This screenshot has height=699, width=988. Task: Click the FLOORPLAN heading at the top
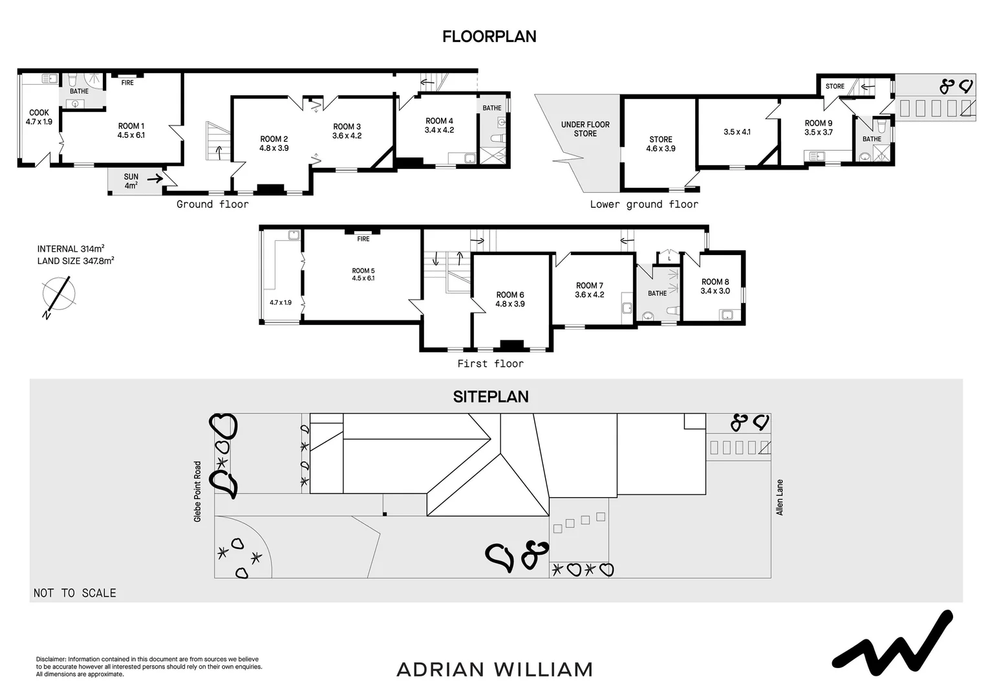pyautogui.click(x=489, y=37)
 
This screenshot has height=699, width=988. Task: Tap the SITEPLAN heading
pyautogui.click(x=491, y=397)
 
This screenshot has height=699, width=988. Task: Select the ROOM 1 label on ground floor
pyautogui.click(x=131, y=131)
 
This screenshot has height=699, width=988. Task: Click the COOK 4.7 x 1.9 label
pyautogui.click(x=39, y=117)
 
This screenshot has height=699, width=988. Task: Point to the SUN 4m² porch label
pyautogui.click(x=131, y=181)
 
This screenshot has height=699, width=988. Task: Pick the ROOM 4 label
pyautogui.click(x=439, y=126)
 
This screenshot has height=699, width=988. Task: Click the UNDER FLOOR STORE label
pyautogui.click(x=585, y=129)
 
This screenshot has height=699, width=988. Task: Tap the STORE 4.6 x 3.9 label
pyautogui.click(x=661, y=144)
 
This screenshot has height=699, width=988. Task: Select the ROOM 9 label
pyautogui.click(x=818, y=128)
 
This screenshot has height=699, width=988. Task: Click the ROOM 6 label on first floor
pyautogui.click(x=510, y=299)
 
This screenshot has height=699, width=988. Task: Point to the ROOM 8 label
pyautogui.click(x=715, y=286)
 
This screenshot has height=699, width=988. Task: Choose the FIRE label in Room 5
pyautogui.click(x=363, y=239)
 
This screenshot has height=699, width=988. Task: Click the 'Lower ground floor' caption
pyautogui.click(x=644, y=205)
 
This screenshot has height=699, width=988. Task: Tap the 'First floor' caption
pyautogui.click(x=490, y=364)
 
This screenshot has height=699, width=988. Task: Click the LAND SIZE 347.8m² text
pyautogui.click(x=76, y=261)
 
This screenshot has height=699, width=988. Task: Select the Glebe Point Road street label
pyautogui.click(x=198, y=491)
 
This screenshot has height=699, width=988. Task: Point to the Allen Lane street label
pyautogui.click(x=780, y=497)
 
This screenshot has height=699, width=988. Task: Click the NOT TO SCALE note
pyautogui.click(x=75, y=593)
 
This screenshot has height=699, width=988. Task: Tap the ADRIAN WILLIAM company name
pyautogui.click(x=495, y=669)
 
